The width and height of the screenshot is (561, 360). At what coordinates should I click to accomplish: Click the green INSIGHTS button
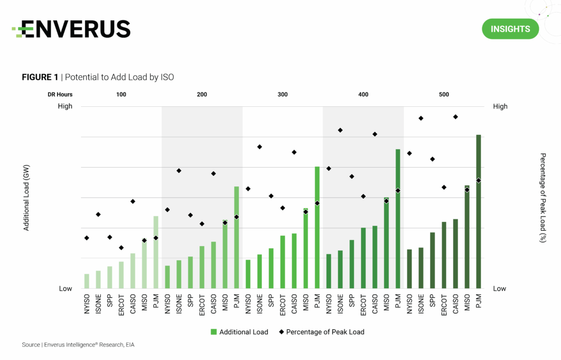coord(510,29)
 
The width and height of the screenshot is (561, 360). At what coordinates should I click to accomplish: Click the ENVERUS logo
coord(71,29)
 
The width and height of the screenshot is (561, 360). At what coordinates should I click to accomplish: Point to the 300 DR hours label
coord(282,95)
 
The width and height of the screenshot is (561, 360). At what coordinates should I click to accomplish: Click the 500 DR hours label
coord(444,95)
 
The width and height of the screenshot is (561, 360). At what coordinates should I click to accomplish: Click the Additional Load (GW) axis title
coord(26,197)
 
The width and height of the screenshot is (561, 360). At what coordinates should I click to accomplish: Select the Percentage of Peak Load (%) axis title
coord(542,197)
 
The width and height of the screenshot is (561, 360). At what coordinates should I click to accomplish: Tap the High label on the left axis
coord(65,106)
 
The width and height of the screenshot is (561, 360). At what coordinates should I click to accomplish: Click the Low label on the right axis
coord(499,289)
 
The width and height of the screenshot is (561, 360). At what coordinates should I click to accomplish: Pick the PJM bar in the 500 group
coord(478,211)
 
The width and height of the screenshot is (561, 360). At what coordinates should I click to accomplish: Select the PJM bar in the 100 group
coord(156,252)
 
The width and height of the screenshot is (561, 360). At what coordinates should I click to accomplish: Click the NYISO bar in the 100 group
coord(87,281)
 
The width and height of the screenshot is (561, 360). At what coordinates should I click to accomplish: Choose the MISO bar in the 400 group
coord(386,243)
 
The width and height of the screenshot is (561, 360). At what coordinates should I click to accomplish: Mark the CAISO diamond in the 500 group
coord(455,117)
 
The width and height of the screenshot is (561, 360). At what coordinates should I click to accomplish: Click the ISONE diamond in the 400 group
coord(340,130)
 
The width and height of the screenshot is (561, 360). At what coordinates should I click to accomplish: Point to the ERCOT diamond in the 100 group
coord(121,248)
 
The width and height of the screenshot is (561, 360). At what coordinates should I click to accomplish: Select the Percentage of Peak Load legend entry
coord(321,332)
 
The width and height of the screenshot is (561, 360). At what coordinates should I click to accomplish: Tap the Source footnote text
coord(78,345)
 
